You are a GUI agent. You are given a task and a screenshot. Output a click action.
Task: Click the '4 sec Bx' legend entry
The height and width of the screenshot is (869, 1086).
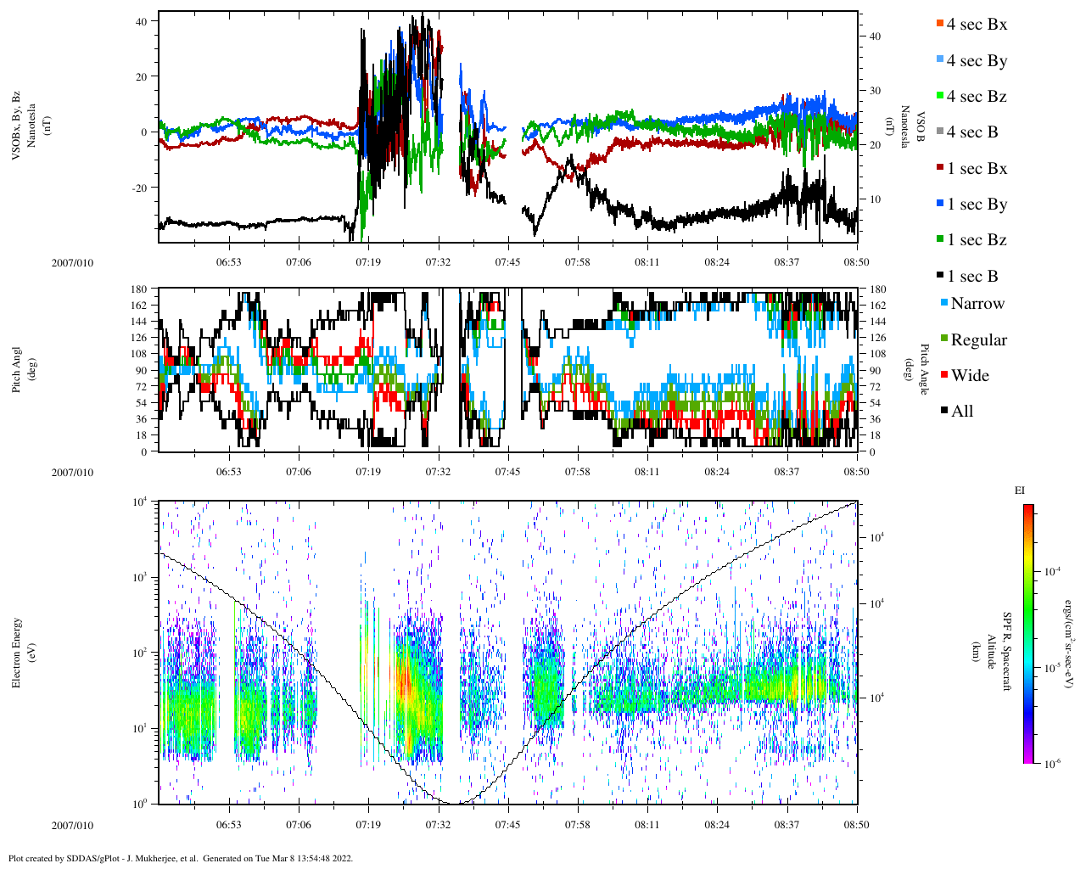tap(976, 25)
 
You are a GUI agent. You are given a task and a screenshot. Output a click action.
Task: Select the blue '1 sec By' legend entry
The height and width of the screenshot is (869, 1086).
tap(976, 205)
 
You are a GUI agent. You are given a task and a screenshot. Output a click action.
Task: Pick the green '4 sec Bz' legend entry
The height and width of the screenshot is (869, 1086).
tap(976, 97)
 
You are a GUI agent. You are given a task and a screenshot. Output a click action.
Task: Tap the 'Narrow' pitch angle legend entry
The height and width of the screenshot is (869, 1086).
tap(977, 304)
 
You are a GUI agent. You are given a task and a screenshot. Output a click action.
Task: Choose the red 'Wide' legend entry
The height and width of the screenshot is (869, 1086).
tap(969, 376)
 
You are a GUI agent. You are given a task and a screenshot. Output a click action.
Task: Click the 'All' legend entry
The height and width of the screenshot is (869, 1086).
tap(961, 412)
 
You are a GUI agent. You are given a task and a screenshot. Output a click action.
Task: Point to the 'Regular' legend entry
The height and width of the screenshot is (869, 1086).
tap(977, 340)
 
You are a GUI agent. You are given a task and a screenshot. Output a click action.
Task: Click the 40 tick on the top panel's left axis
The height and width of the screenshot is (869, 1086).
tap(142, 20)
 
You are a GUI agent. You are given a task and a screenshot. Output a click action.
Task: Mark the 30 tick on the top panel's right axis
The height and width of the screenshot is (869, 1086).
tap(875, 91)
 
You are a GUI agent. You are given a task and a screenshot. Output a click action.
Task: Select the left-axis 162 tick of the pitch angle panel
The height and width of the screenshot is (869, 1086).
tap(140, 306)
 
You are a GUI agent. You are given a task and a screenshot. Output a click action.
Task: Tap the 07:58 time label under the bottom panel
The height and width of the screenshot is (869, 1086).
tap(577, 824)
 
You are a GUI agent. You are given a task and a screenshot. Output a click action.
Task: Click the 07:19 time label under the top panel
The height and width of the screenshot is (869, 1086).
tap(367, 262)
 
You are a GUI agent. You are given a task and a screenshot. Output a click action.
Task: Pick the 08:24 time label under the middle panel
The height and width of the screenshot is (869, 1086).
tap(717, 471)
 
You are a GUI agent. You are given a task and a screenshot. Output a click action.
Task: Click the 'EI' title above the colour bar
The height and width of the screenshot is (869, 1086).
tap(1020, 491)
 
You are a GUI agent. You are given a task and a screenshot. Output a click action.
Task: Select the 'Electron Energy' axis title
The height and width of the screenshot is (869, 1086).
tap(16, 653)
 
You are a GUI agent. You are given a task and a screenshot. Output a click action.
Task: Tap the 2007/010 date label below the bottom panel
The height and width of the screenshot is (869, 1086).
tap(72, 825)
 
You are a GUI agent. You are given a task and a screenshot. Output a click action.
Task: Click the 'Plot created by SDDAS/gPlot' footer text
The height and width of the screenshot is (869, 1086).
tap(180, 858)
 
